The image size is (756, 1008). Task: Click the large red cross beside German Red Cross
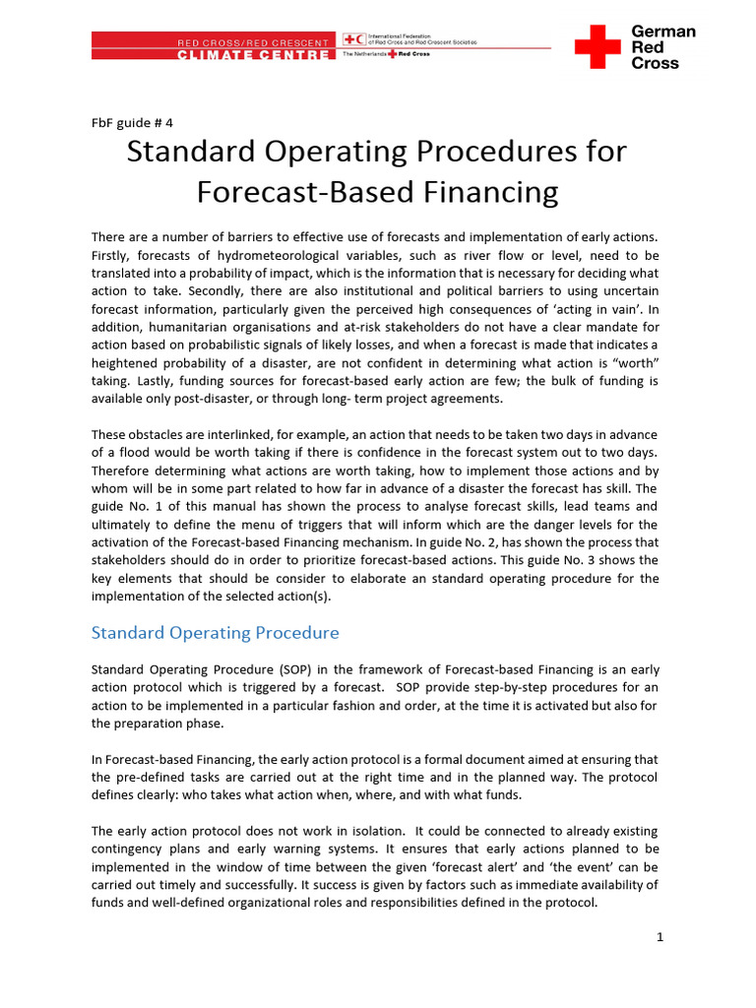pyautogui.click(x=598, y=46)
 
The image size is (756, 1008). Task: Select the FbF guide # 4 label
pyautogui.click(x=132, y=123)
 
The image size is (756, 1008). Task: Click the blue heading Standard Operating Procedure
pyautogui.click(x=215, y=633)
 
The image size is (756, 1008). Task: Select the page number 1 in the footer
pyautogui.click(x=661, y=936)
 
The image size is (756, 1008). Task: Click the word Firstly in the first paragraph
pyautogui.click(x=112, y=254)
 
